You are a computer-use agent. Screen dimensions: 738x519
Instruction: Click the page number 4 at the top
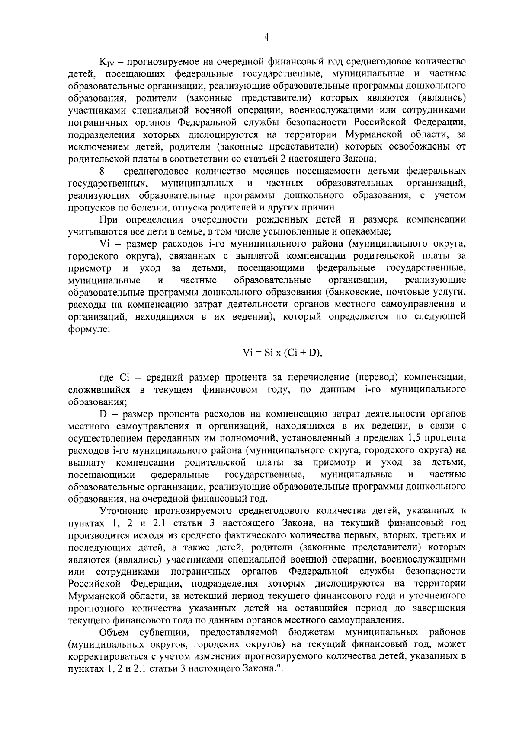pyautogui.click(x=266, y=38)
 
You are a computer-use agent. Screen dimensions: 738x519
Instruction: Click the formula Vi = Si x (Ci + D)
pyautogui.click(x=282, y=353)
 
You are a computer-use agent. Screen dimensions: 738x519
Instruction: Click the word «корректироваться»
pyautogui.click(x=109, y=657)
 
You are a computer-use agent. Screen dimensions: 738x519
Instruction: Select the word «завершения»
pyautogui.click(x=440, y=608)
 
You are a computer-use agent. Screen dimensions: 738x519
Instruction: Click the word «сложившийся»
pyautogui.click(x=99, y=390)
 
